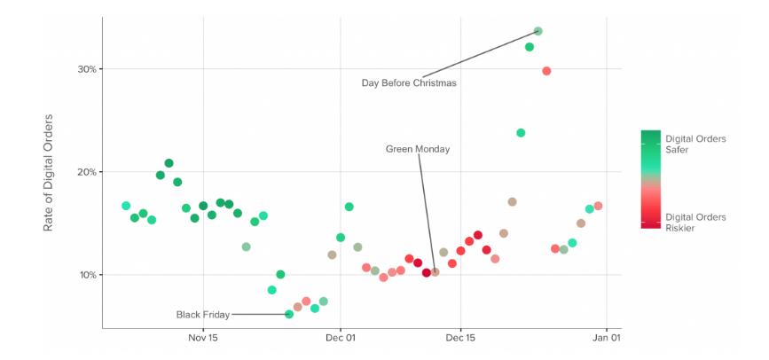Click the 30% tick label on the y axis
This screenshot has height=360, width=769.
pyautogui.click(x=85, y=69)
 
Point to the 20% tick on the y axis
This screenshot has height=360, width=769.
pyautogui.click(x=85, y=172)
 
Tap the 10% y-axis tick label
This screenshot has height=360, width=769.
pyautogui.click(x=85, y=275)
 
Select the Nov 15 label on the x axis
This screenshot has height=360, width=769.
pyautogui.click(x=203, y=337)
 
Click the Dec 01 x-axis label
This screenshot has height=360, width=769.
pyautogui.click(x=341, y=337)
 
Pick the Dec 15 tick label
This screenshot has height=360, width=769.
pyautogui.click(x=461, y=337)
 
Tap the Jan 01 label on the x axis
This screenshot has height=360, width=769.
pyautogui.click(x=606, y=337)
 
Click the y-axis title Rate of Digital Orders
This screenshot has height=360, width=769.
pyautogui.click(x=49, y=173)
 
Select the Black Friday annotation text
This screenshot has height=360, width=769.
pyautogui.click(x=202, y=315)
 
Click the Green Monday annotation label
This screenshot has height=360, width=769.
pyautogui.click(x=417, y=149)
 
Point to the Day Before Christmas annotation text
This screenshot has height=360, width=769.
pyautogui.click(x=408, y=83)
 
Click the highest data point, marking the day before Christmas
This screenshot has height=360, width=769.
pyautogui.click(x=538, y=31)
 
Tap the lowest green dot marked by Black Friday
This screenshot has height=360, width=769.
pyautogui.click(x=289, y=314)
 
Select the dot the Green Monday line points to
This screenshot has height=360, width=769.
pyautogui.click(x=435, y=272)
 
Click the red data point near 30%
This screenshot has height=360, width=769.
pyautogui.click(x=546, y=71)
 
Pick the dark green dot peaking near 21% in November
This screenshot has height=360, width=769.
pyautogui.click(x=169, y=163)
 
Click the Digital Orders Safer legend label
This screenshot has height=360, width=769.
pyautogui.click(x=695, y=144)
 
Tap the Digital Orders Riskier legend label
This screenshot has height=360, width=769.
pyautogui.click(x=695, y=223)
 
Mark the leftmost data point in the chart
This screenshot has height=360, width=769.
pyautogui.click(x=126, y=206)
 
